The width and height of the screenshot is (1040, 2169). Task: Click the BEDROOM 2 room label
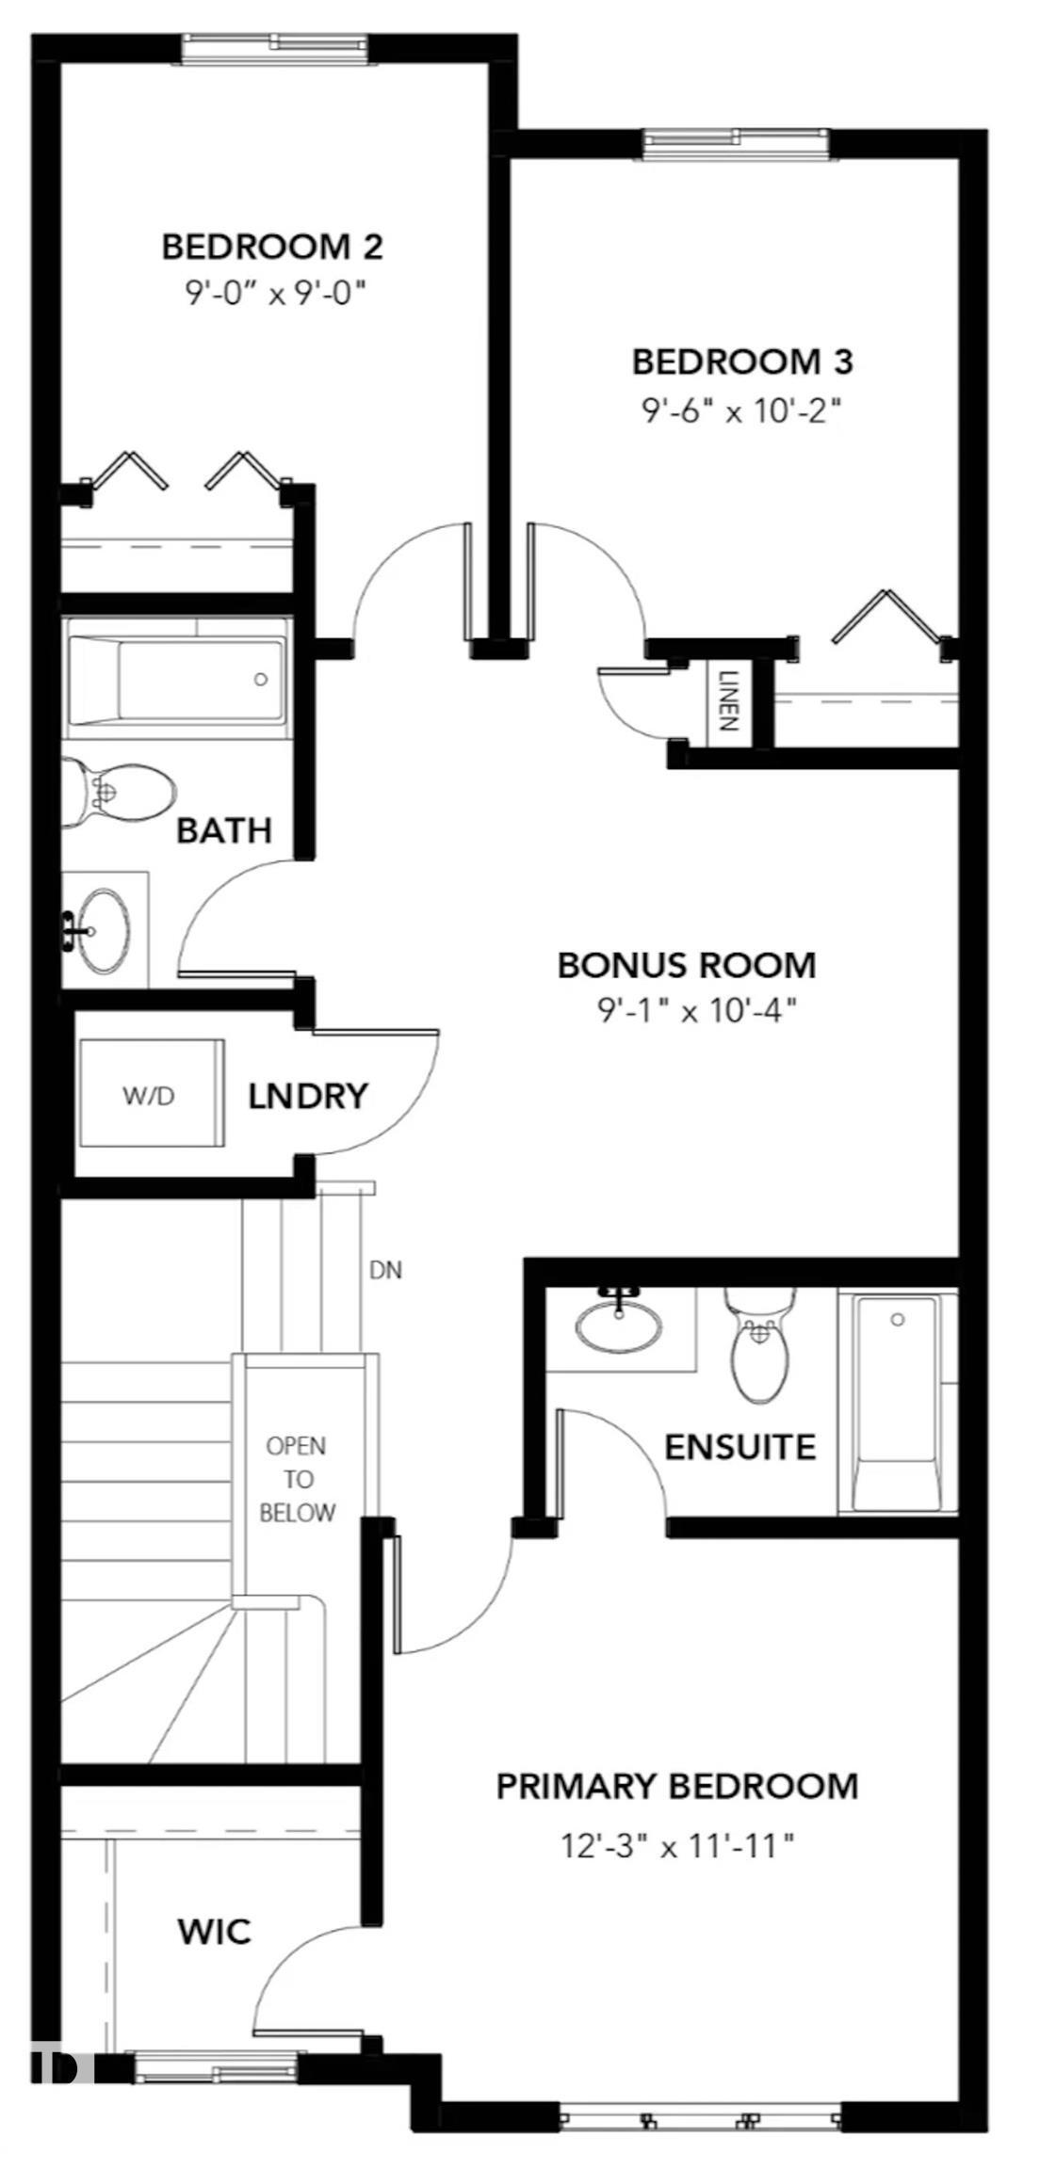pos(272,247)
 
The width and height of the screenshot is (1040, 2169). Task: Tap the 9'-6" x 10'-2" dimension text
pos(741,410)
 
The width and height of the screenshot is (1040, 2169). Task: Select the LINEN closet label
pos(727,700)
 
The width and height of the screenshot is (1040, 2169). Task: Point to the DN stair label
pos(384,1270)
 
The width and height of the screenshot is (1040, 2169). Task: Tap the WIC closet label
pos(214,1933)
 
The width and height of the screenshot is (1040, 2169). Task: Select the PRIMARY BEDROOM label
pos(676,1787)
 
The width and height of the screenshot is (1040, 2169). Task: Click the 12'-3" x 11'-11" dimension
pos(676,1846)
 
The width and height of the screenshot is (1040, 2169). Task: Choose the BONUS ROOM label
pos(686,965)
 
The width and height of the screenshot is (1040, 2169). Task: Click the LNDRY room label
pos(307,1096)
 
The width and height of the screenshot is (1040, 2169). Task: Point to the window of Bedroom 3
pos(737,142)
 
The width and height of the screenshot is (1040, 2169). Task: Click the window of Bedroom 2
pos(271,47)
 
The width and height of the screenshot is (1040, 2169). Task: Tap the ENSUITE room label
pos(739,1446)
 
